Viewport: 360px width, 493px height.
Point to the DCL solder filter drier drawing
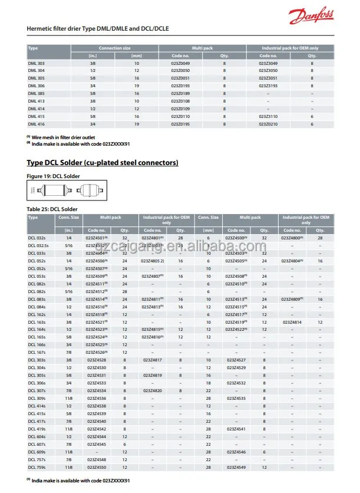[57, 190]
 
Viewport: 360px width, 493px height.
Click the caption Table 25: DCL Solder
[52, 209]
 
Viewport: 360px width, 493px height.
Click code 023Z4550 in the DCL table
[97, 467]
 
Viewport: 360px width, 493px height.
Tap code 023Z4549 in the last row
[236, 467]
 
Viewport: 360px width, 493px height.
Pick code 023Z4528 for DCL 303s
[97, 360]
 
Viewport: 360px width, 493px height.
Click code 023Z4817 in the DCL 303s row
[153, 360]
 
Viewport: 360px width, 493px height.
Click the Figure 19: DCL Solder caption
[53, 176]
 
